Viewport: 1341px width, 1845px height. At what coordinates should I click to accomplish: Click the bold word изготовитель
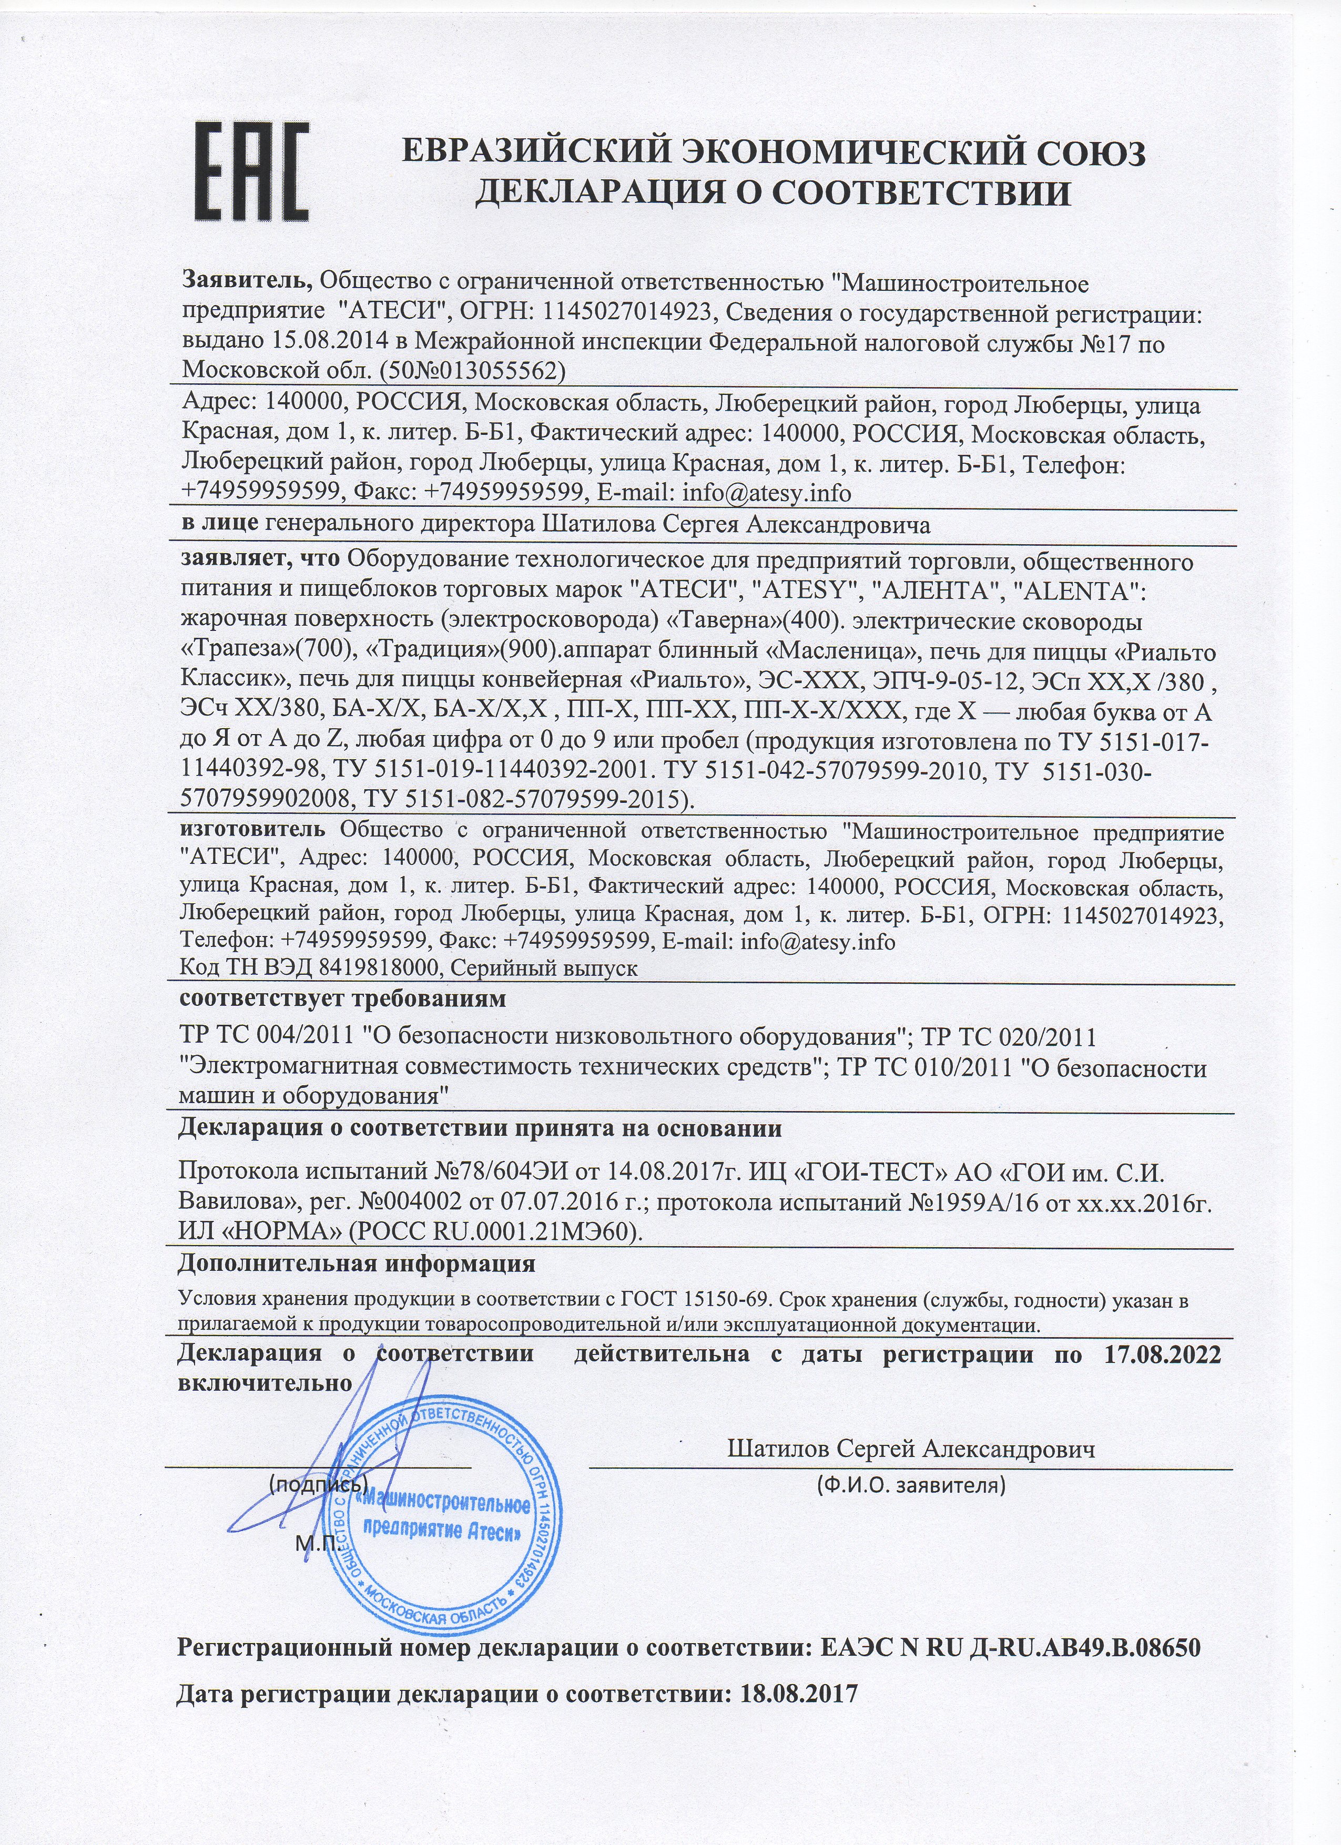click(x=252, y=831)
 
